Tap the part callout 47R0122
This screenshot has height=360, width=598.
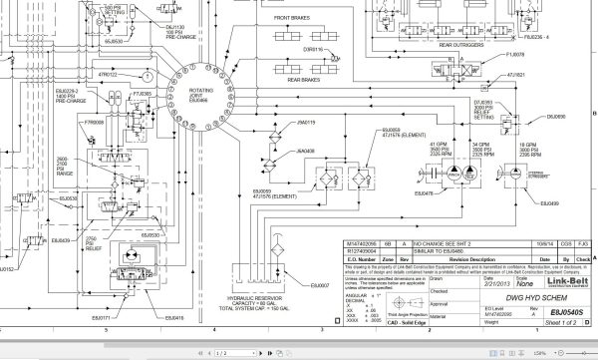(108, 75)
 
